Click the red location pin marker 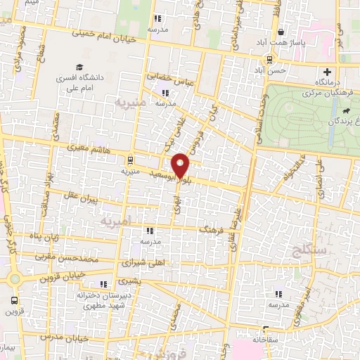[x=181, y=165]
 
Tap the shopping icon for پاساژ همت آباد [x=281, y=32]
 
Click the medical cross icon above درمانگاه [x=327, y=72]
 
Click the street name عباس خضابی [x=164, y=77]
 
